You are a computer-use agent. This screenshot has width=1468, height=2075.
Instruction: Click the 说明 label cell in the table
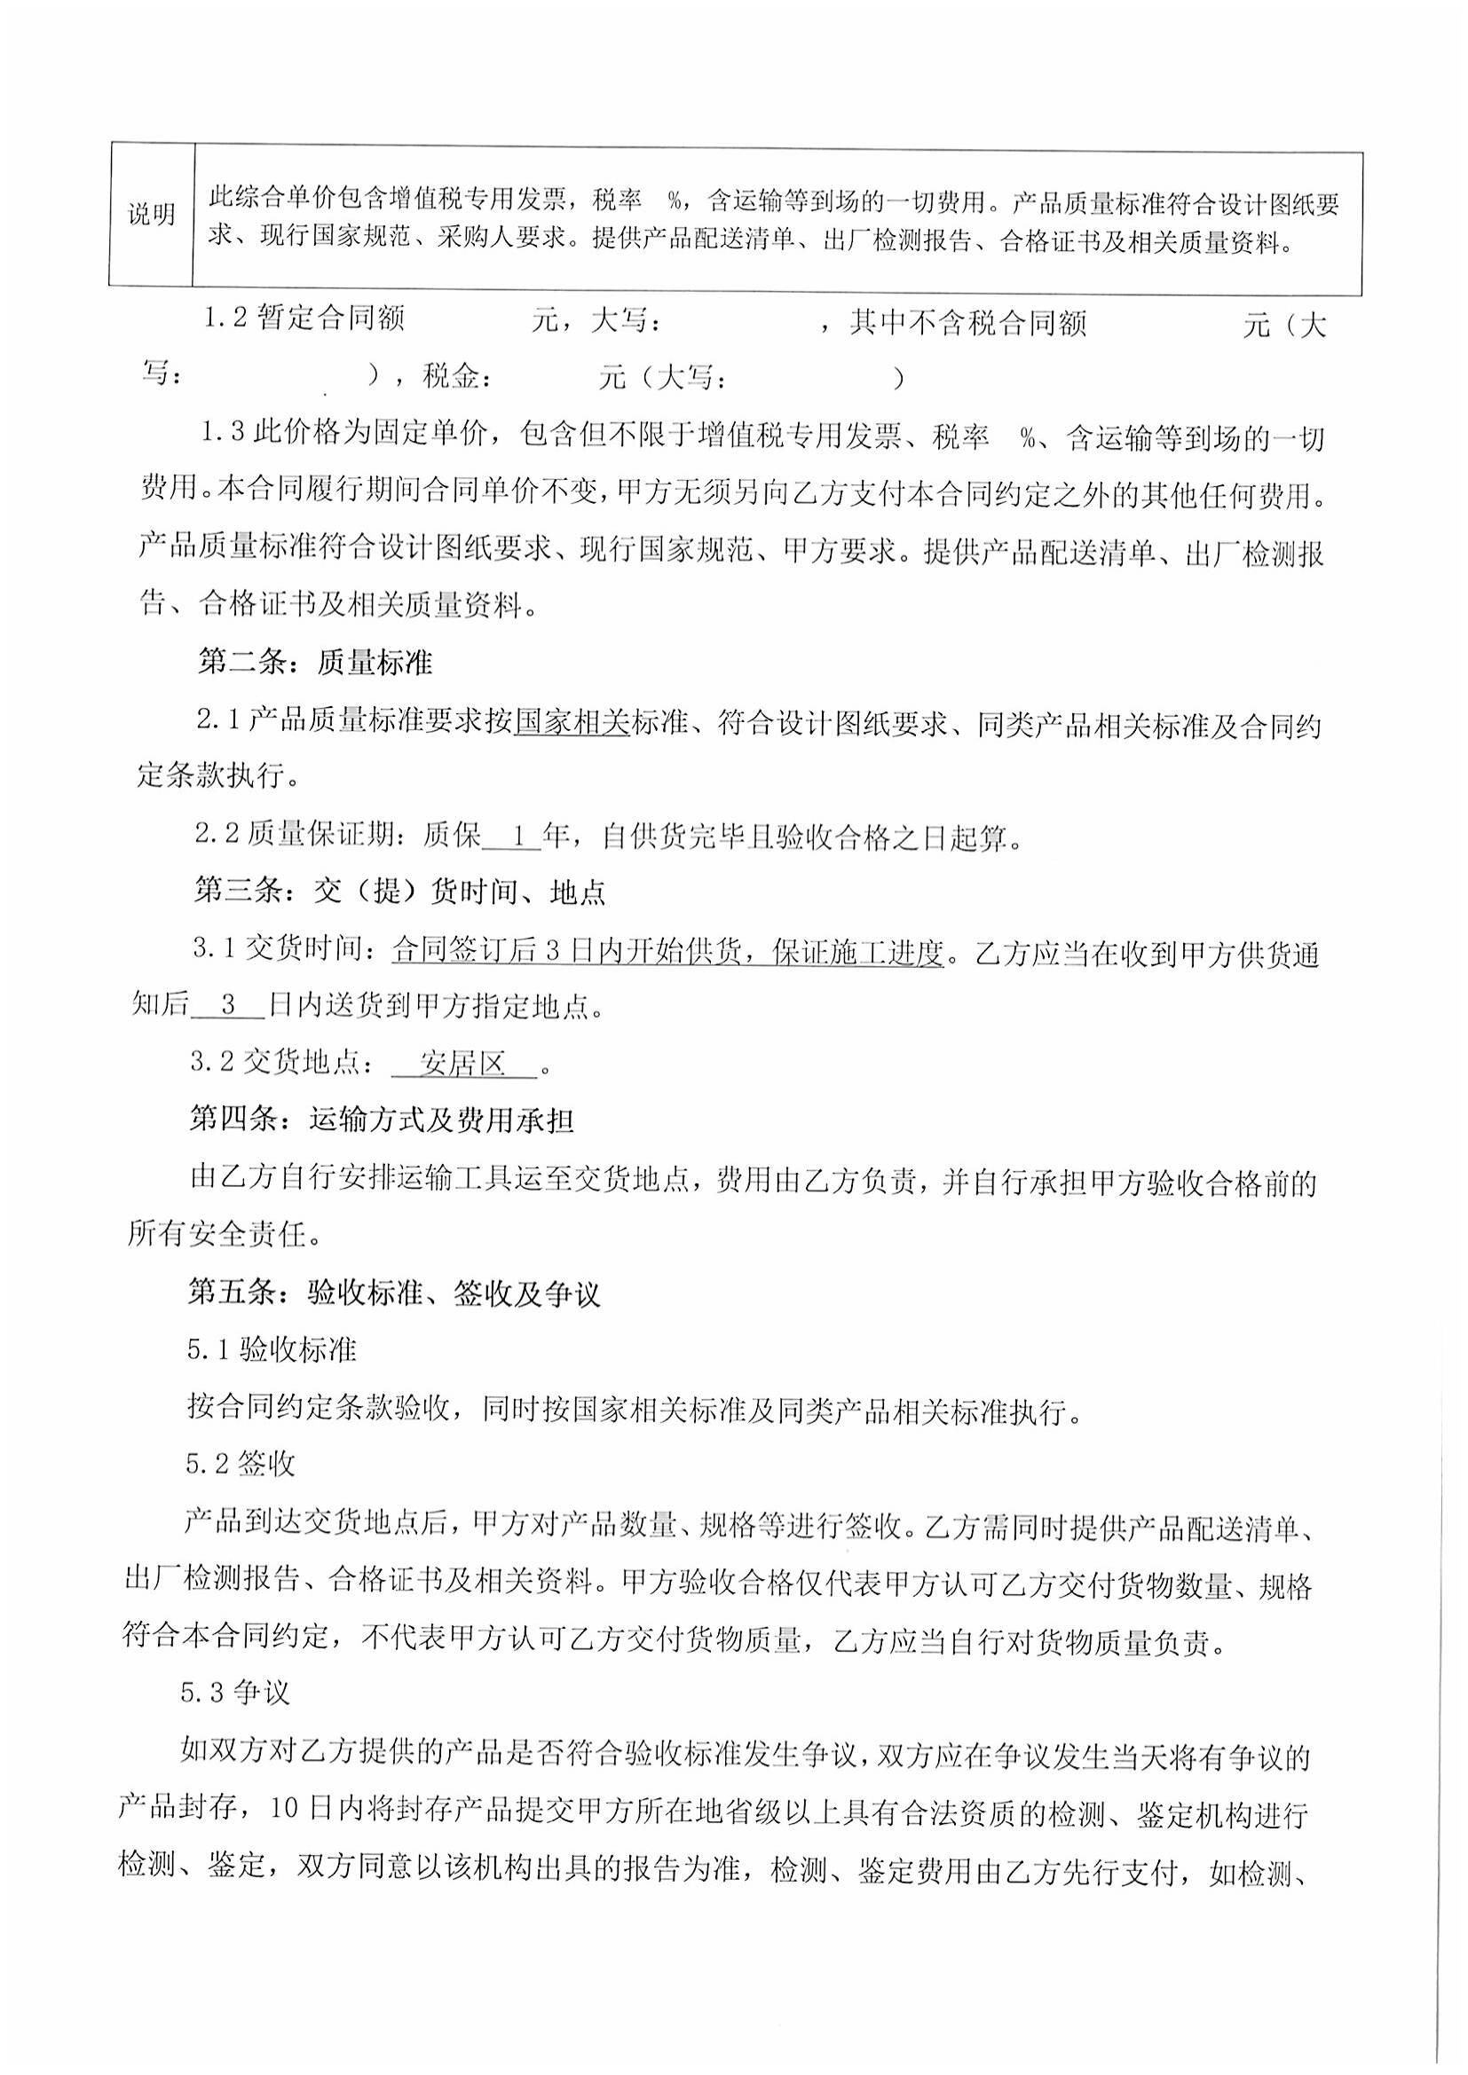[x=151, y=216]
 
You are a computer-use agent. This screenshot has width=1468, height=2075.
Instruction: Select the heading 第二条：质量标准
[x=314, y=664]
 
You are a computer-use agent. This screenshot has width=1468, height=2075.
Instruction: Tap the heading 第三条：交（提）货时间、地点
[x=399, y=893]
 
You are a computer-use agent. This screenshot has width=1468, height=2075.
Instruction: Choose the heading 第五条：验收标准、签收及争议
[x=393, y=1294]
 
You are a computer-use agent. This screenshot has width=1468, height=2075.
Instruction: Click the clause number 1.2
[x=225, y=319]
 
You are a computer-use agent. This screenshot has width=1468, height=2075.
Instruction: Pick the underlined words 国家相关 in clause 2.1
[x=572, y=723]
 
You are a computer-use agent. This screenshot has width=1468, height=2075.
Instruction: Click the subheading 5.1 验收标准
[x=272, y=1351]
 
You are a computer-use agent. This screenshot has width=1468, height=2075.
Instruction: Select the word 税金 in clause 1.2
[x=451, y=377]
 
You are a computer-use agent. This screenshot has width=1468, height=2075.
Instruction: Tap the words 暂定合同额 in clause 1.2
[x=330, y=319]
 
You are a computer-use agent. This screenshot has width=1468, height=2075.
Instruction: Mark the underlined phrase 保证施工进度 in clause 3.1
[x=859, y=953]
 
